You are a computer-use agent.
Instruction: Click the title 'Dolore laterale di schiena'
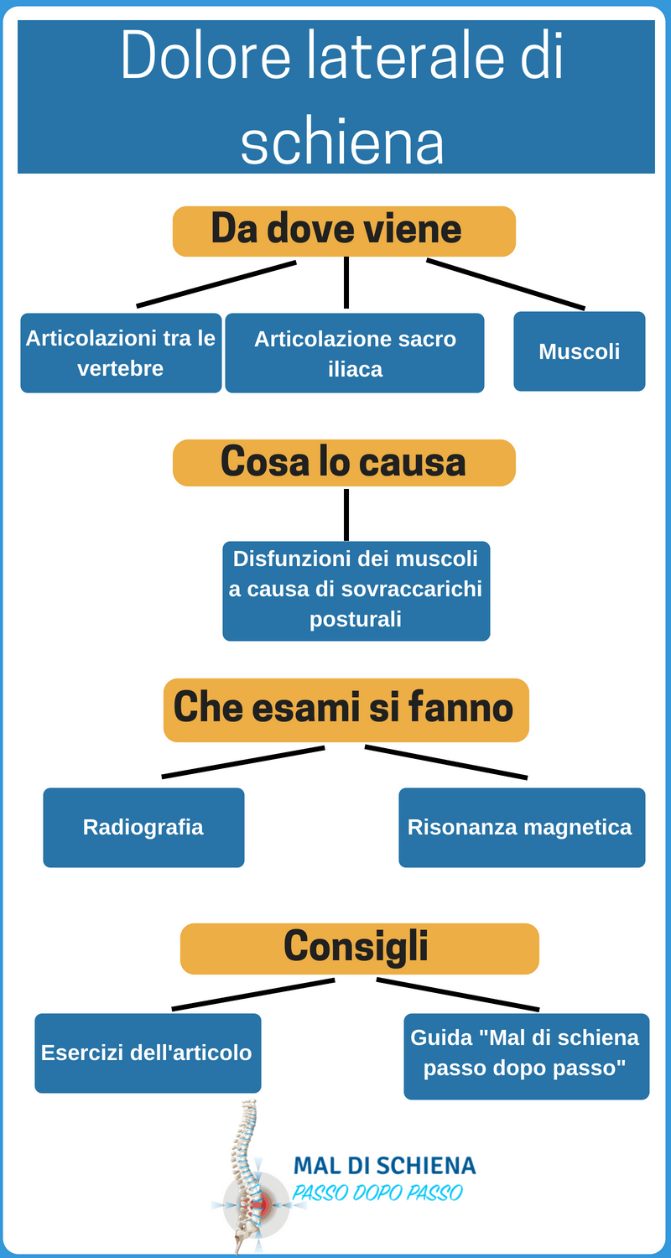coord(341,96)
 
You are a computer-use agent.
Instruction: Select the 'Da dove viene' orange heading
coord(344,231)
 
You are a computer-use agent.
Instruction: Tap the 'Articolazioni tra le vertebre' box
coord(121,353)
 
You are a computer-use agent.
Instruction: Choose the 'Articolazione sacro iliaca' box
coord(354,353)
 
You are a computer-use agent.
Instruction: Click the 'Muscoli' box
coord(579,351)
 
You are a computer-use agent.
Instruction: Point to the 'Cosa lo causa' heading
coord(344,463)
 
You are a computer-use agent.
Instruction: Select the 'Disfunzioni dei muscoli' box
coord(356,590)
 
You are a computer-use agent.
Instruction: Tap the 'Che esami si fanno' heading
coord(346,710)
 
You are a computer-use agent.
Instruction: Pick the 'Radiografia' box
coord(143,827)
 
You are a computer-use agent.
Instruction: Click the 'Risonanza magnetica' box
coord(522,827)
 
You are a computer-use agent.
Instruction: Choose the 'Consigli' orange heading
coord(359,949)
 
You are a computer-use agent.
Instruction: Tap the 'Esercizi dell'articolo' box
coord(148,1053)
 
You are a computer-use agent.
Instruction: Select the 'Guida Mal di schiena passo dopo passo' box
coord(526,1057)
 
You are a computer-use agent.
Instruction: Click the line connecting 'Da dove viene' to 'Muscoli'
coord(506,284)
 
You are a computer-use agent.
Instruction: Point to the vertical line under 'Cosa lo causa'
coord(346,514)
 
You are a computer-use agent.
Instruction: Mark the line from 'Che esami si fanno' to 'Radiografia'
coord(243,762)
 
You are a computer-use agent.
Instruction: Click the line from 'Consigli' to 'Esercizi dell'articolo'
coord(253,995)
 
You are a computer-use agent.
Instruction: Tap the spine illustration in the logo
coord(247,1177)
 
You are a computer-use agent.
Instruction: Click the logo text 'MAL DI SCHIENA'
coord(385,1167)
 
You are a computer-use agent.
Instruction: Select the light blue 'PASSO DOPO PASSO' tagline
coord(377,1193)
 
